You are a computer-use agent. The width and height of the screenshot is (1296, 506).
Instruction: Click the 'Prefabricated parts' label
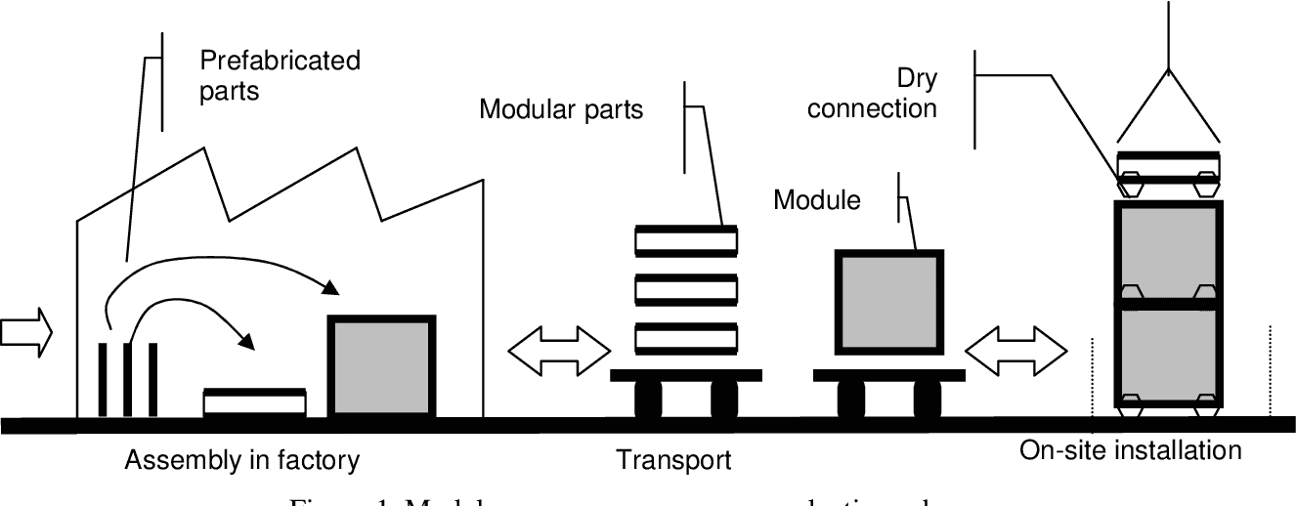coord(280,75)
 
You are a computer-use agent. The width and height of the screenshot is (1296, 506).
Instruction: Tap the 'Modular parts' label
coord(561,109)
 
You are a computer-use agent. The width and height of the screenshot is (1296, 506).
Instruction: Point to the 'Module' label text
coord(817,201)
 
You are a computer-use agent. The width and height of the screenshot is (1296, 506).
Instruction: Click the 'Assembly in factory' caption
coord(242,459)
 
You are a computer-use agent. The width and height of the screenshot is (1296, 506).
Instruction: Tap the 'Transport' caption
coord(672,459)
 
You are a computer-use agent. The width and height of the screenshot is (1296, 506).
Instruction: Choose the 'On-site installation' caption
coord(1130,450)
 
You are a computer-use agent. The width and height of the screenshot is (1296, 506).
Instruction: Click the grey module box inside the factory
coord(382,366)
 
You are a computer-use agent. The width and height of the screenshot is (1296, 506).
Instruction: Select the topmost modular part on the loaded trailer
coord(685,240)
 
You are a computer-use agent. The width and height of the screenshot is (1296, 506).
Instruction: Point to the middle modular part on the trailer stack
coord(685,290)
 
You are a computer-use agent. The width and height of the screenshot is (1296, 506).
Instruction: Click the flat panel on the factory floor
coord(254,401)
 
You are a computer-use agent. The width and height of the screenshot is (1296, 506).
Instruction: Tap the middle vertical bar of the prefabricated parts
coord(127,379)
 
